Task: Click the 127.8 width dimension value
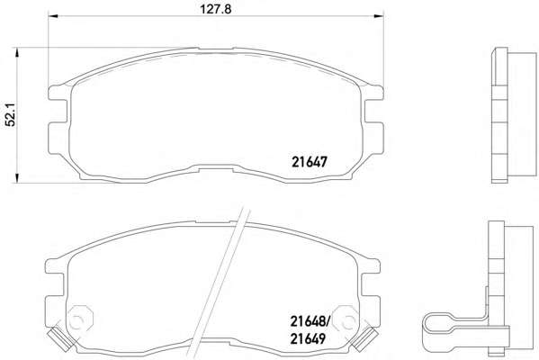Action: pos(216,9)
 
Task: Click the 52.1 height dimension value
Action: pos(11,115)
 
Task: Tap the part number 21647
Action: pos(309,162)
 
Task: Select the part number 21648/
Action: pos(310,321)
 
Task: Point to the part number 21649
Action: pos(308,338)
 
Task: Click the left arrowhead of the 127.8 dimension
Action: pos(53,16)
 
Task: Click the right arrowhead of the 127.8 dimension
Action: pos(379,16)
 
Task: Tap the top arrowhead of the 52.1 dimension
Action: pos(16,52)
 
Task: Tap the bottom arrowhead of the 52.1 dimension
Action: pos(16,178)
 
